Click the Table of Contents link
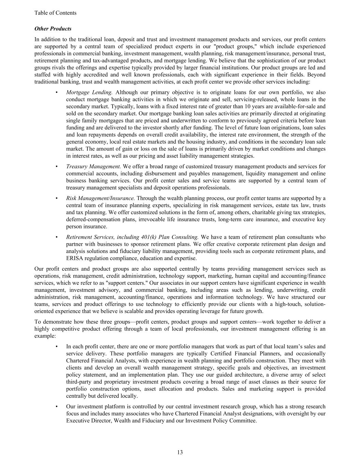click(55, 13)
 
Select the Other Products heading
click(53, 29)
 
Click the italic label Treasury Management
click(93, 167)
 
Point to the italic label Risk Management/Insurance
click(100, 198)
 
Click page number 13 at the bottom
click(180, 452)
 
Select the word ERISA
click(74, 258)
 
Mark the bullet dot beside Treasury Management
click(56, 167)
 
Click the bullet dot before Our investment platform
click(56, 407)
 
